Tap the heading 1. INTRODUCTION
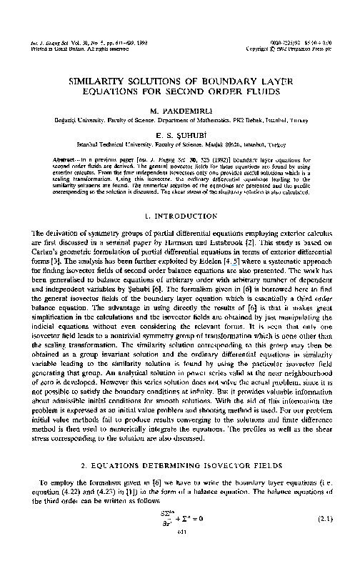pyautogui.click(x=179, y=215)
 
